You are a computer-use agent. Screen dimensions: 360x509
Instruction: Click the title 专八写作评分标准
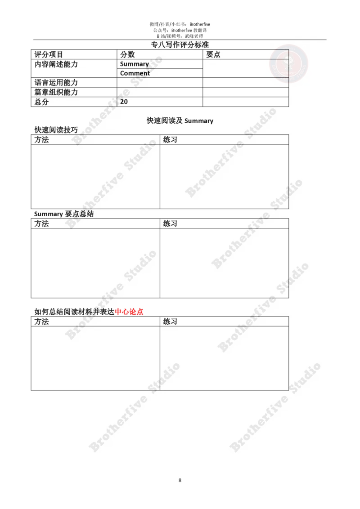point(180,45)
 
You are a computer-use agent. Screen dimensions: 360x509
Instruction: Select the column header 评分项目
point(49,54)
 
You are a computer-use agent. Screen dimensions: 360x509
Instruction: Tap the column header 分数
point(127,54)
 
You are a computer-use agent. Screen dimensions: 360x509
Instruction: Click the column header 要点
point(213,54)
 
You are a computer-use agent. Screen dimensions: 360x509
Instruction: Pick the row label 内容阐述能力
point(56,64)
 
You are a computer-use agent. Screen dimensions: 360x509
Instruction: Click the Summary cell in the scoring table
point(135,64)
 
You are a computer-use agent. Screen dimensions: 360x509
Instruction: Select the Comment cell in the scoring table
point(135,73)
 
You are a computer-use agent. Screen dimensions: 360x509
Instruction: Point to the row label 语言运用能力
point(56,82)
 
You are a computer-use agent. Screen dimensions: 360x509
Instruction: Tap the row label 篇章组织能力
point(56,92)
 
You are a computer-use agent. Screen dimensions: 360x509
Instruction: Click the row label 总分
point(41,102)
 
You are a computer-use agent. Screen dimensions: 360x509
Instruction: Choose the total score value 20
point(124,102)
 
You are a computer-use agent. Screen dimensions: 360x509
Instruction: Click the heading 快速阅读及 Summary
point(180,121)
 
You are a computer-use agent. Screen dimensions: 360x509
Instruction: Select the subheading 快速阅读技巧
point(56,130)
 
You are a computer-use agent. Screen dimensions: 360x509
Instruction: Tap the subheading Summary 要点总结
point(64,214)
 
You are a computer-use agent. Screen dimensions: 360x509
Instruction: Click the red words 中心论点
point(129,312)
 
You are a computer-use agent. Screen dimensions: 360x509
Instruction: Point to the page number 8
point(180,480)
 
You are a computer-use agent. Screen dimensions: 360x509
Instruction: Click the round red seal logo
point(288,64)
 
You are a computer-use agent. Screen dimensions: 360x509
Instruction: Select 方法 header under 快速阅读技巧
point(41,139)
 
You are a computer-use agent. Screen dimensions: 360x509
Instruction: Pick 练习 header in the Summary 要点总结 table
point(170,223)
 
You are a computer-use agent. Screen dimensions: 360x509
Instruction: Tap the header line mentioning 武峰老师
point(180,36)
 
